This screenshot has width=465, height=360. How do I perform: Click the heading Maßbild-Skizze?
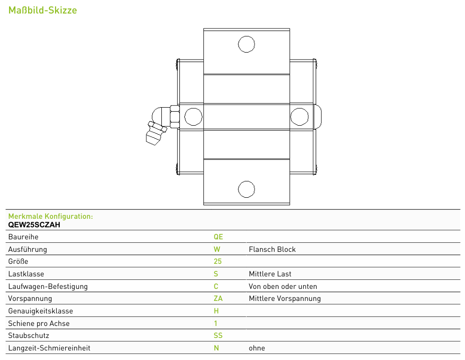43,11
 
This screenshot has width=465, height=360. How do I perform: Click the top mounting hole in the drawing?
247,44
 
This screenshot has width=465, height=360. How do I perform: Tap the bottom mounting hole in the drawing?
247,189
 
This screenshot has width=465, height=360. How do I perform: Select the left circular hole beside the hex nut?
193,117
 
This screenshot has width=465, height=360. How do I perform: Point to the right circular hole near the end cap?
300,117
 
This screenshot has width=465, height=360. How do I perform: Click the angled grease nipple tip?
154,138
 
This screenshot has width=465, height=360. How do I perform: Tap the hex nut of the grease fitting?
175,117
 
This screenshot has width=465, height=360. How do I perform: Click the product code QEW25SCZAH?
34,225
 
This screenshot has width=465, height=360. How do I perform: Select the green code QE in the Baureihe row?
218,237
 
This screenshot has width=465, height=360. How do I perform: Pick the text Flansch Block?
272,249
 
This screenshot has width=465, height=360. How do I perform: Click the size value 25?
217,261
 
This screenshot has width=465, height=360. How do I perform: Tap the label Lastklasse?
26,274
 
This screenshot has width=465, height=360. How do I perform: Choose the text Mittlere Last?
270,274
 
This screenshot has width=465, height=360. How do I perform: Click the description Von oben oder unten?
283,286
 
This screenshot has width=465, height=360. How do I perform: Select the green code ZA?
218,298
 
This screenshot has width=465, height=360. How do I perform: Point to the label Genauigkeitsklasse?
41,311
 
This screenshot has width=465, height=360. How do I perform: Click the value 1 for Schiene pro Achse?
215,323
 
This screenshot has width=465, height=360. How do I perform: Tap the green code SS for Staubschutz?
218,335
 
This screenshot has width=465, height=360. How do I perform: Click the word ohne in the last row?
257,348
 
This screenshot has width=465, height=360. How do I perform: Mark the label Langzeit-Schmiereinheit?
49,348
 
